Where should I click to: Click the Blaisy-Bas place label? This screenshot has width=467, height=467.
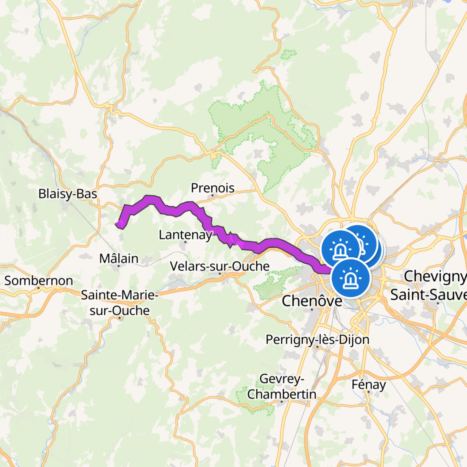tap(68, 194)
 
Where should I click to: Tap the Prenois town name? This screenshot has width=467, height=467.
tap(212, 188)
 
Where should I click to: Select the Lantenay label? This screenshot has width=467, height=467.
tap(185, 235)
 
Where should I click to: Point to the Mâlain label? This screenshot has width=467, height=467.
tap(119, 259)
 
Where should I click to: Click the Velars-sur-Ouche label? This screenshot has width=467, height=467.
tap(220, 266)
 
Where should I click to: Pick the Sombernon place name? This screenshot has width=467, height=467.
tap(39, 281)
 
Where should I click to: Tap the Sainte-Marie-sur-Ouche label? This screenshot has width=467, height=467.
tap(120, 303)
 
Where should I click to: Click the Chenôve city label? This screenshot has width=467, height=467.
tap(312, 301)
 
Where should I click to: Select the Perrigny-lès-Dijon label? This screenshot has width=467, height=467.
tap(318, 339)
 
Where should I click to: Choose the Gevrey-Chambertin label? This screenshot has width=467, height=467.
tap(282, 386)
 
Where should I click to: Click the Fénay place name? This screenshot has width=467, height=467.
tap(368, 385)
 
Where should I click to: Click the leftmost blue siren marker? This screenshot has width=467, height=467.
tap(340, 249)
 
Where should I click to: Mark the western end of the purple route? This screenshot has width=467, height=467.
tap(117, 224)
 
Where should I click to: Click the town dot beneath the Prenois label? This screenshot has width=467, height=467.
tap(212, 195)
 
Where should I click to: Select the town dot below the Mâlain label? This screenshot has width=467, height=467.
tap(119, 266)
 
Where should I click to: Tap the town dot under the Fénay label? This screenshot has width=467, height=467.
tap(369, 392)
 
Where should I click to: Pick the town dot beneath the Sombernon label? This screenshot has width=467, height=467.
tap(39, 288)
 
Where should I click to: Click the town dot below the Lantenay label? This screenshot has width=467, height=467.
tap(185, 242)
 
